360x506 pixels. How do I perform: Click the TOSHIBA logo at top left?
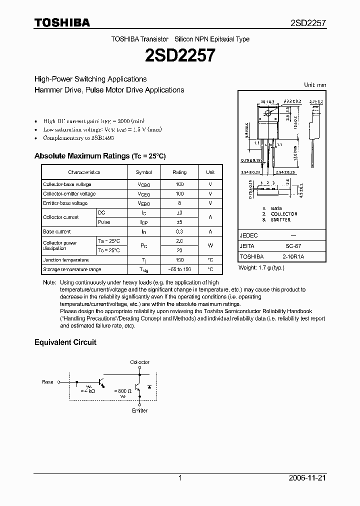pyautogui.click(x=62, y=22)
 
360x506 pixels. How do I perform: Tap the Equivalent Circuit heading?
pyautogui.click(x=65, y=342)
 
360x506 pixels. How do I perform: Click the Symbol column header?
pyautogui.click(x=143, y=172)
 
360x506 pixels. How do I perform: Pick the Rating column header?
pyautogui.click(x=179, y=172)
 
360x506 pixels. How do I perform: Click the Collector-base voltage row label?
pyautogui.click(x=67, y=184)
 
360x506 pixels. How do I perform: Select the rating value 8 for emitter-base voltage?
pyautogui.click(x=179, y=203)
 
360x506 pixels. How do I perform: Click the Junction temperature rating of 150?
pyautogui.click(x=179, y=260)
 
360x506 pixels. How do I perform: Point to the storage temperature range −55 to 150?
pyautogui.click(x=179, y=269)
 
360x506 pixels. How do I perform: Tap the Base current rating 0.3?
pyautogui.click(x=179, y=232)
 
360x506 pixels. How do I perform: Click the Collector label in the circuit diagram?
pyautogui.click(x=139, y=362)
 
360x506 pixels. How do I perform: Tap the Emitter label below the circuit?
pyautogui.click(x=139, y=410)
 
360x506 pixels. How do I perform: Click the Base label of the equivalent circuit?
pyautogui.click(x=47, y=382)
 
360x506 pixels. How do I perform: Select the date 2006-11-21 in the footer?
pyautogui.click(x=308, y=478)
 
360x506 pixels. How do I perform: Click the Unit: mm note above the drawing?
pyautogui.click(x=315, y=85)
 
